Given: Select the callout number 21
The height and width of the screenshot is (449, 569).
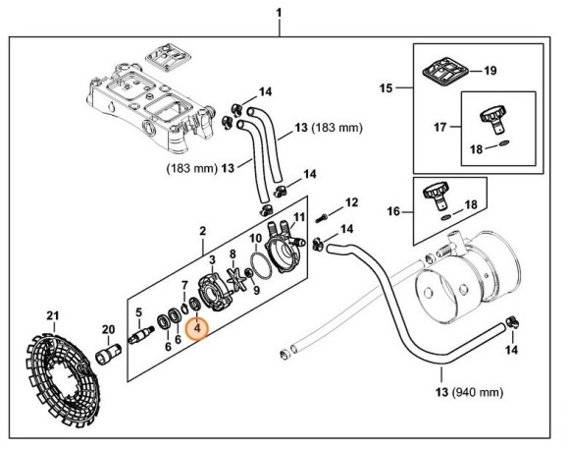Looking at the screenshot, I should [54, 314].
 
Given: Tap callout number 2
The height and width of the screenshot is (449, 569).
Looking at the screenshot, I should [202, 233].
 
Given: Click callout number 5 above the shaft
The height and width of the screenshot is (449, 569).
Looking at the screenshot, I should [139, 314].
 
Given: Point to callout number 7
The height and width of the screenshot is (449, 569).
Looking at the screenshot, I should [182, 285].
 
